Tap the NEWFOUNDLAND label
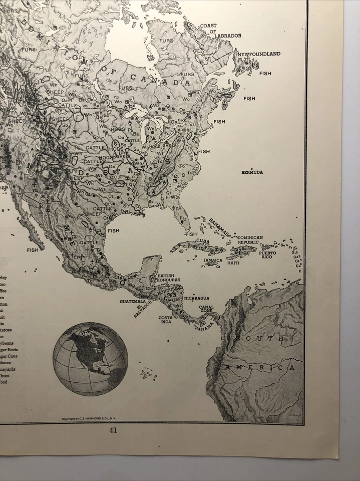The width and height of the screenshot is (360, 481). click(x=259, y=54)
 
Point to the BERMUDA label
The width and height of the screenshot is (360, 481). click(x=252, y=172)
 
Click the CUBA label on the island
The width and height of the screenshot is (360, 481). click(x=203, y=241)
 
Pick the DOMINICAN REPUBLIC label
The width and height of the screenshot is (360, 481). click(x=250, y=240)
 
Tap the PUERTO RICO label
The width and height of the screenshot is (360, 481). click(x=267, y=255)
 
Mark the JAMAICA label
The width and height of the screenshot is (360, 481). click(x=213, y=261)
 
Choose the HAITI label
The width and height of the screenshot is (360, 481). click(x=233, y=263)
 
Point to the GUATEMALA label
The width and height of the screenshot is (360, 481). click(x=133, y=302)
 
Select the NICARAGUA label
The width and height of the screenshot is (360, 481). click(x=196, y=298)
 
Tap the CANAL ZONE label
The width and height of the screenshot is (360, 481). click(x=206, y=309)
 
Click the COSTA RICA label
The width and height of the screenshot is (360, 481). click(x=166, y=320)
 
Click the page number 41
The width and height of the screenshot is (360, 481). click(x=113, y=430)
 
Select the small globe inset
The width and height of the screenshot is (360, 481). click(x=90, y=359)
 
